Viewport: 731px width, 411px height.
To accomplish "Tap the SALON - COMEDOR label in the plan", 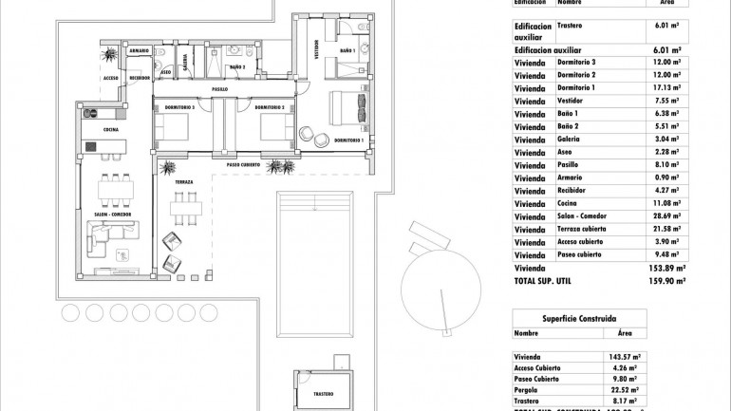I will pyautogui.click(x=113, y=214).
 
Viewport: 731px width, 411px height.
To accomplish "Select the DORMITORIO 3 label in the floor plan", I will pyautogui.click(x=180, y=107).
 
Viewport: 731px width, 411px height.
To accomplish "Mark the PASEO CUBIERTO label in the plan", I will pyautogui.click(x=245, y=164).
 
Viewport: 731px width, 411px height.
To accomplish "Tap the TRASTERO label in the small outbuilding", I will pyautogui.click(x=324, y=392).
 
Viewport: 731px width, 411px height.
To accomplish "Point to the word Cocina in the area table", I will pyautogui.click(x=570, y=203).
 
